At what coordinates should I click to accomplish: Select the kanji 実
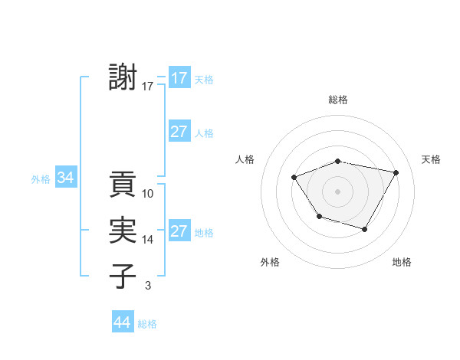click(123, 231)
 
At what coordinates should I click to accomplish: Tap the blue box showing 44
click(123, 323)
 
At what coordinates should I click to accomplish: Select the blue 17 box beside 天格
click(179, 78)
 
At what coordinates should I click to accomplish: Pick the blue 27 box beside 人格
click(179, 132)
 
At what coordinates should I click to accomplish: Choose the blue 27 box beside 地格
click(179, 231)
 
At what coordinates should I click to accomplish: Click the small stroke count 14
click(148, 240)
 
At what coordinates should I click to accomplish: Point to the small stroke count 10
click(148, 194)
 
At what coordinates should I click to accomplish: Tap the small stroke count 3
click(147, 286)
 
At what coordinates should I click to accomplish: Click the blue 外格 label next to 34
click(41, 179)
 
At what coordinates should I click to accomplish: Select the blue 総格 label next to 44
click(147, 324)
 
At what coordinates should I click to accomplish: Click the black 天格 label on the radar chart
click(431, 159)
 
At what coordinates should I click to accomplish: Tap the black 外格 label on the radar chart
click(270, 262)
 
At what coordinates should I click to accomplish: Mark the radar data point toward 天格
click(396, 172)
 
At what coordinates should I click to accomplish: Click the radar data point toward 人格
click(294, 178)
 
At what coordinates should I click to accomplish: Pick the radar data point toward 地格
click(365, 229)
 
